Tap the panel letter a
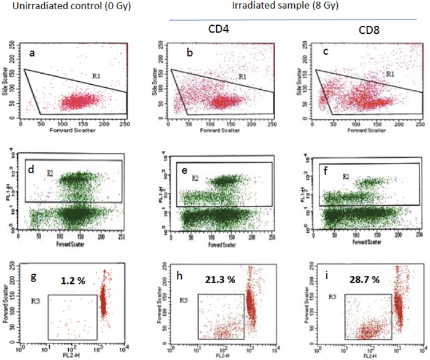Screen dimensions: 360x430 pyautogui.click(x=32, y=54)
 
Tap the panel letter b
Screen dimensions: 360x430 pyautogui.click(x=189, y=54)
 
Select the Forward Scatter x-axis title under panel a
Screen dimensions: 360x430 pyautogui.click(x=84, y=122)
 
